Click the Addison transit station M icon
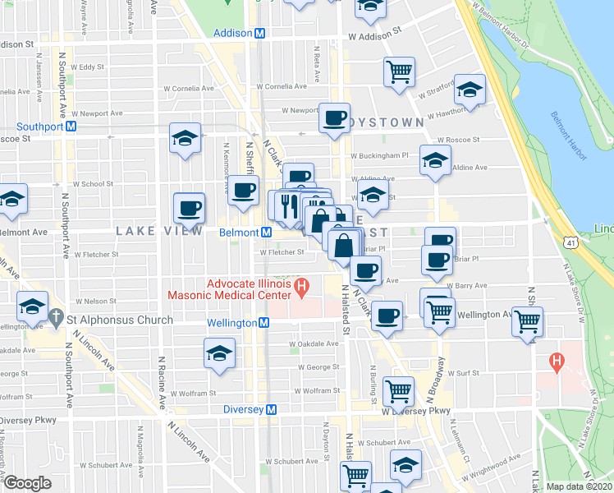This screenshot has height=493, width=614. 259,34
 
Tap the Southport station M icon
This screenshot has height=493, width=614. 71,127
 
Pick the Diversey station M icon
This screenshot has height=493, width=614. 270,409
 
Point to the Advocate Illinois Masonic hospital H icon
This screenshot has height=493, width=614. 301,288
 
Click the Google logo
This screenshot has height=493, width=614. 27,483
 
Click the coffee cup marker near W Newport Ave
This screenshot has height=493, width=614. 334,118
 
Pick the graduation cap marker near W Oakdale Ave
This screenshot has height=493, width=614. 219,354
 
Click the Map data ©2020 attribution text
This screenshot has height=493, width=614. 580,486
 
